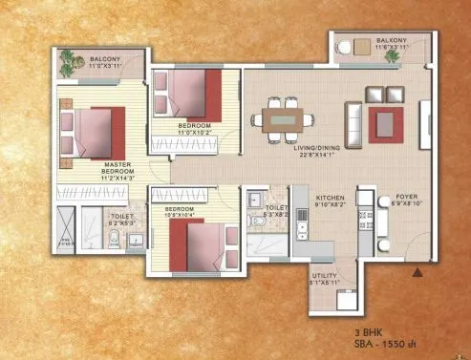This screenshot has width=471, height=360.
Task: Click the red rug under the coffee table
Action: [386, 122]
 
